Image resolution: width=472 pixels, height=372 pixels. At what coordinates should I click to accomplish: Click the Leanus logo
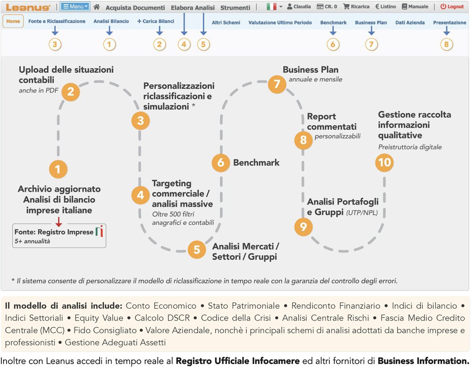(28, 7)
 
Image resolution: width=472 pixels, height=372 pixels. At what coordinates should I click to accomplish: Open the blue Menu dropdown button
(75, 7)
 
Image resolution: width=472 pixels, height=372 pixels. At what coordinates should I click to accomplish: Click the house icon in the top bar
(97, 7)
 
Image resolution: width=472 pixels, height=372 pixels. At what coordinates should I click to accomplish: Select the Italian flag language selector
(274, 7)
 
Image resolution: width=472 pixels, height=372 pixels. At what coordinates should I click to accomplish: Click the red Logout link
(452, 7)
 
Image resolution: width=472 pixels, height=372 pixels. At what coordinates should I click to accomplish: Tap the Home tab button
(13, 22)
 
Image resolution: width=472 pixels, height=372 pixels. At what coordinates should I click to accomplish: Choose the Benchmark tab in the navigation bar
(333, 22)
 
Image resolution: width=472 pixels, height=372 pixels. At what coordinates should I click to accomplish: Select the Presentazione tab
(449, 22)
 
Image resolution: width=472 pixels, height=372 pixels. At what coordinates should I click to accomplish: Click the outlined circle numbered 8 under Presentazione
(447, 44)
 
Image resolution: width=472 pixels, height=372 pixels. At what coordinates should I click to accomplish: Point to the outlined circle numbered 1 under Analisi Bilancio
(110, 44)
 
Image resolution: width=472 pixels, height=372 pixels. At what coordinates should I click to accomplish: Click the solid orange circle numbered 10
(385, 162)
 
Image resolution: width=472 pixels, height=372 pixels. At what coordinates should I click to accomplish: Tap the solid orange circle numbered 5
(197, 249)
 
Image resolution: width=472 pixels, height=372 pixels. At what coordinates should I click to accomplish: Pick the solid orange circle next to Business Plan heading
(277, 84)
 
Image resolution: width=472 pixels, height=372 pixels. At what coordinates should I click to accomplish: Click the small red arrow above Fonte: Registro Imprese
(59, 221)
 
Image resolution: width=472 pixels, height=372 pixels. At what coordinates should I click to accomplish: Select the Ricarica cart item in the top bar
(356, 7)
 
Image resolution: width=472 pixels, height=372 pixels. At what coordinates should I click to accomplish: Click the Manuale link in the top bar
(415, 7)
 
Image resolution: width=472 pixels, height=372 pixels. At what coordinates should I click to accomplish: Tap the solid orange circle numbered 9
(303, 227)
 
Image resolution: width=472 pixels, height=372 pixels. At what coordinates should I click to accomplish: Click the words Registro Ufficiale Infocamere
(237, 362)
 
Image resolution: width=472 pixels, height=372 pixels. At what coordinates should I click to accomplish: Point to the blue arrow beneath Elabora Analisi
(184, 31)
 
